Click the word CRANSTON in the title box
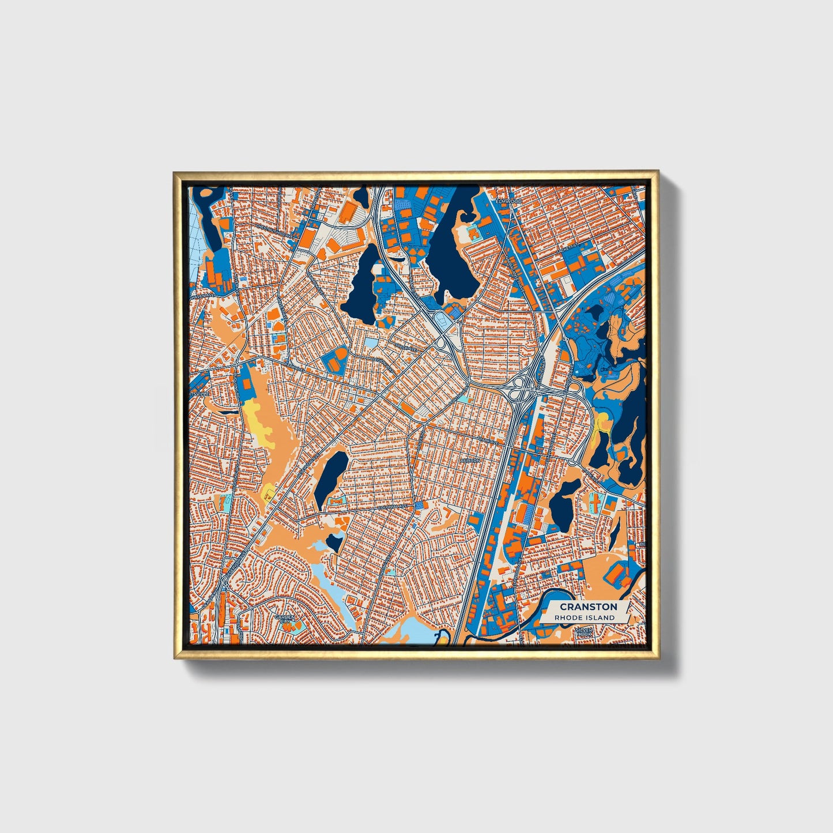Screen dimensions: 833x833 (588, 606)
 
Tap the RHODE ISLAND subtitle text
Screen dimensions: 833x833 (584, 617)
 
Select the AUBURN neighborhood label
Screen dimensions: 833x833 (470, 461)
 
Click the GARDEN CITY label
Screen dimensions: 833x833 (284, 619)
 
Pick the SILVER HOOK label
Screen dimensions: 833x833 (583, 632)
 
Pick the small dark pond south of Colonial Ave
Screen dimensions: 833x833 (334, 541)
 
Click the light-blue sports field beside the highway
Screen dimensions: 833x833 (443, 322)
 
